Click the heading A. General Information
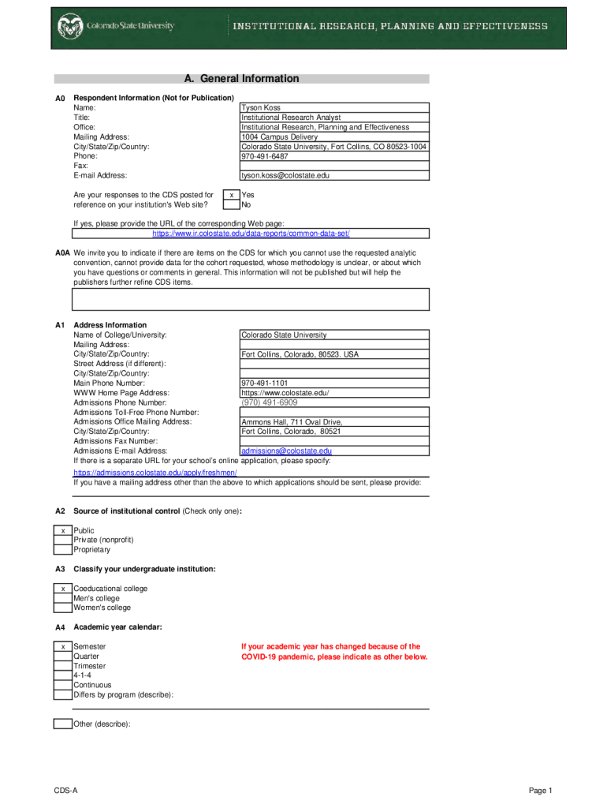tap(241, 79)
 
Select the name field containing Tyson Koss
tap(334, 107)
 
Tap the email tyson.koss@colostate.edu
tap(285, 175)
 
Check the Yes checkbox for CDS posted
tap(231, 195)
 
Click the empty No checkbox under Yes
tap(231, 204)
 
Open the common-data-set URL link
tap(251, 234)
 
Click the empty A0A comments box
tap(251, 299)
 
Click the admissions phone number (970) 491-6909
tap(270, 402)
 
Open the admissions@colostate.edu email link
tap(286, 451)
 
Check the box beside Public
tap(63, 531)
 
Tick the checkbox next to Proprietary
tap(63, 550)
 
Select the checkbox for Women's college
tap(63, 608)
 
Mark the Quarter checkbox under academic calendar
tap(63, 656)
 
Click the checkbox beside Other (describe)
tap(63, 724)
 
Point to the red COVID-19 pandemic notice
tap(334, 652)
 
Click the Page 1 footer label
tap(540, 791)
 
